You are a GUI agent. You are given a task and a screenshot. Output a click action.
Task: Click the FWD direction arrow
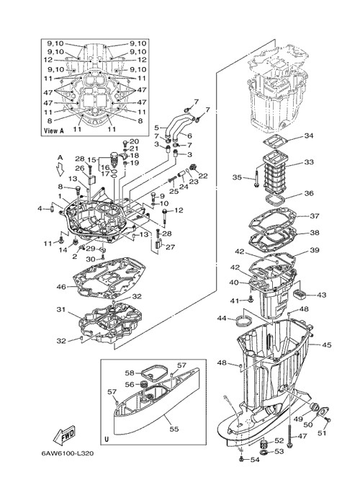click(64, 434)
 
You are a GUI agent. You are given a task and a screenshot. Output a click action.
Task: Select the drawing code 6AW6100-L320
click(67, 453)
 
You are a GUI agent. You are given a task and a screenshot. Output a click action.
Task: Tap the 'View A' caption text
click(51, 130)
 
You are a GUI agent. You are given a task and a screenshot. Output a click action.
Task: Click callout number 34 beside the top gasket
click(309, 136)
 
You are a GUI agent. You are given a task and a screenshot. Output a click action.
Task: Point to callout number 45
click(327, 344)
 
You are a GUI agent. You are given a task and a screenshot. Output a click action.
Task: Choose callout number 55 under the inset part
click(174, 429)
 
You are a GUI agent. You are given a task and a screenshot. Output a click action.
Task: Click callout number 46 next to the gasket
click(61, 287)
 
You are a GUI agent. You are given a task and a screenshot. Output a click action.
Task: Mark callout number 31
click(61, 309)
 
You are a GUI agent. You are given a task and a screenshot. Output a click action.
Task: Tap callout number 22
click(203, 176)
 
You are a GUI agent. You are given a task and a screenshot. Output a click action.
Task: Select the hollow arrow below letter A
click(60, 169)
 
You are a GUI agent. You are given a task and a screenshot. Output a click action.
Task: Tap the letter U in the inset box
click(107, 440)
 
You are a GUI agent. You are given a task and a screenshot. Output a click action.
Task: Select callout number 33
click(309, 162)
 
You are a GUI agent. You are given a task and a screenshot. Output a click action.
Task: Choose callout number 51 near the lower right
click(322, 432)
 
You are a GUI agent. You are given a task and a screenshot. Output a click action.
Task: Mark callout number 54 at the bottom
click(255, 460)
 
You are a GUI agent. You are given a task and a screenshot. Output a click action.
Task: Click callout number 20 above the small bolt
click(135, 141)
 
